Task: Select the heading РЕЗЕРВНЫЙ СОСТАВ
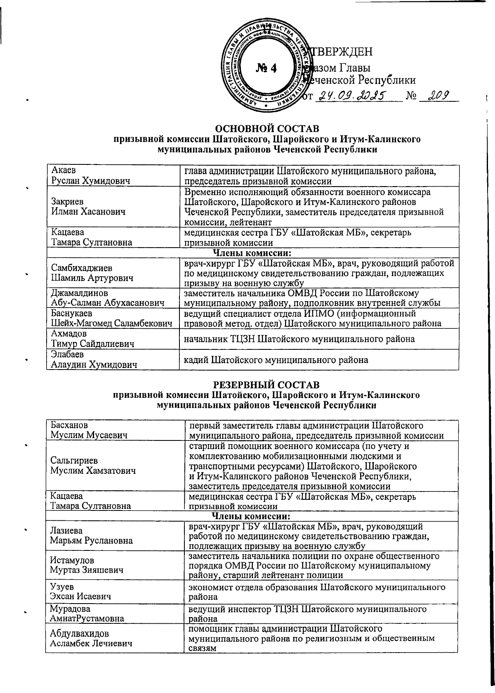tap(266, 385)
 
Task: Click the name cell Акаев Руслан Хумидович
tap(90, 176)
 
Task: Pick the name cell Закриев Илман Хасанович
tap(88, 207)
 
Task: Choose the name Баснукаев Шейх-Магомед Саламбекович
tap(111, 318)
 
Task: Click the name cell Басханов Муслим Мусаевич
tap(89, 430)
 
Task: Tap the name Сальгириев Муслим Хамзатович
tap(93, 465)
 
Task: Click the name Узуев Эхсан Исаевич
tap(80, 591)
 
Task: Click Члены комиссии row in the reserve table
tap(252, 516)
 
